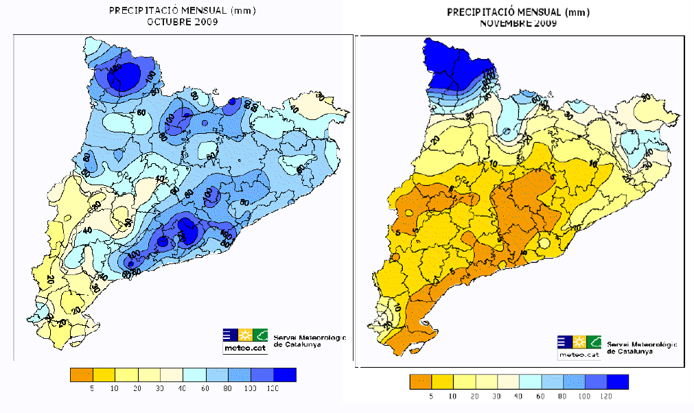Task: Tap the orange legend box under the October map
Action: [x=82, y=375]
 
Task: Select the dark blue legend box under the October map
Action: [x=284, y=375]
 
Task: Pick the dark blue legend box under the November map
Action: [x=616, y=382]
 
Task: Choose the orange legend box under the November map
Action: [x=421, y=382]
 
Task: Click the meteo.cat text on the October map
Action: [x=238, y=348]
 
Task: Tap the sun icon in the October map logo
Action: [x=245, y=335]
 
